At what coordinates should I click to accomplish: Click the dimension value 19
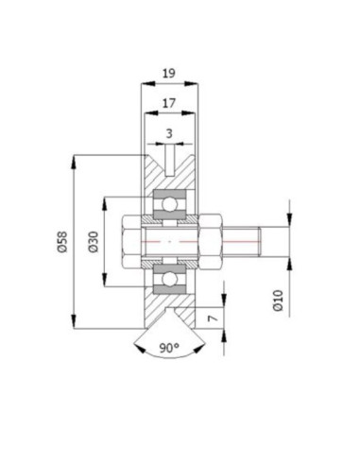(x=169, y=74)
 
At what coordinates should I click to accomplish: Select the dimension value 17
(x=169, y=103)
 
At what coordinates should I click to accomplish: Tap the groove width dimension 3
(x=169, y=133)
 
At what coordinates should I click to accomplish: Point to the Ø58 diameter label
(x=62, y=242)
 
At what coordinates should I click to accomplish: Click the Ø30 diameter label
(x=94, y=242)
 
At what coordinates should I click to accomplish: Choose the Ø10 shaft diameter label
(x=279, y=301)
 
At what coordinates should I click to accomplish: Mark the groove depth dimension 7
(x=214, y=319)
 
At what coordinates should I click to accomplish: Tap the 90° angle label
(x=169, y=348)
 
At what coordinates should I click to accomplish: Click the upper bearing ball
(x=169, y=205)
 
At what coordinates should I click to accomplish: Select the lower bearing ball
(x=169, y=279)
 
